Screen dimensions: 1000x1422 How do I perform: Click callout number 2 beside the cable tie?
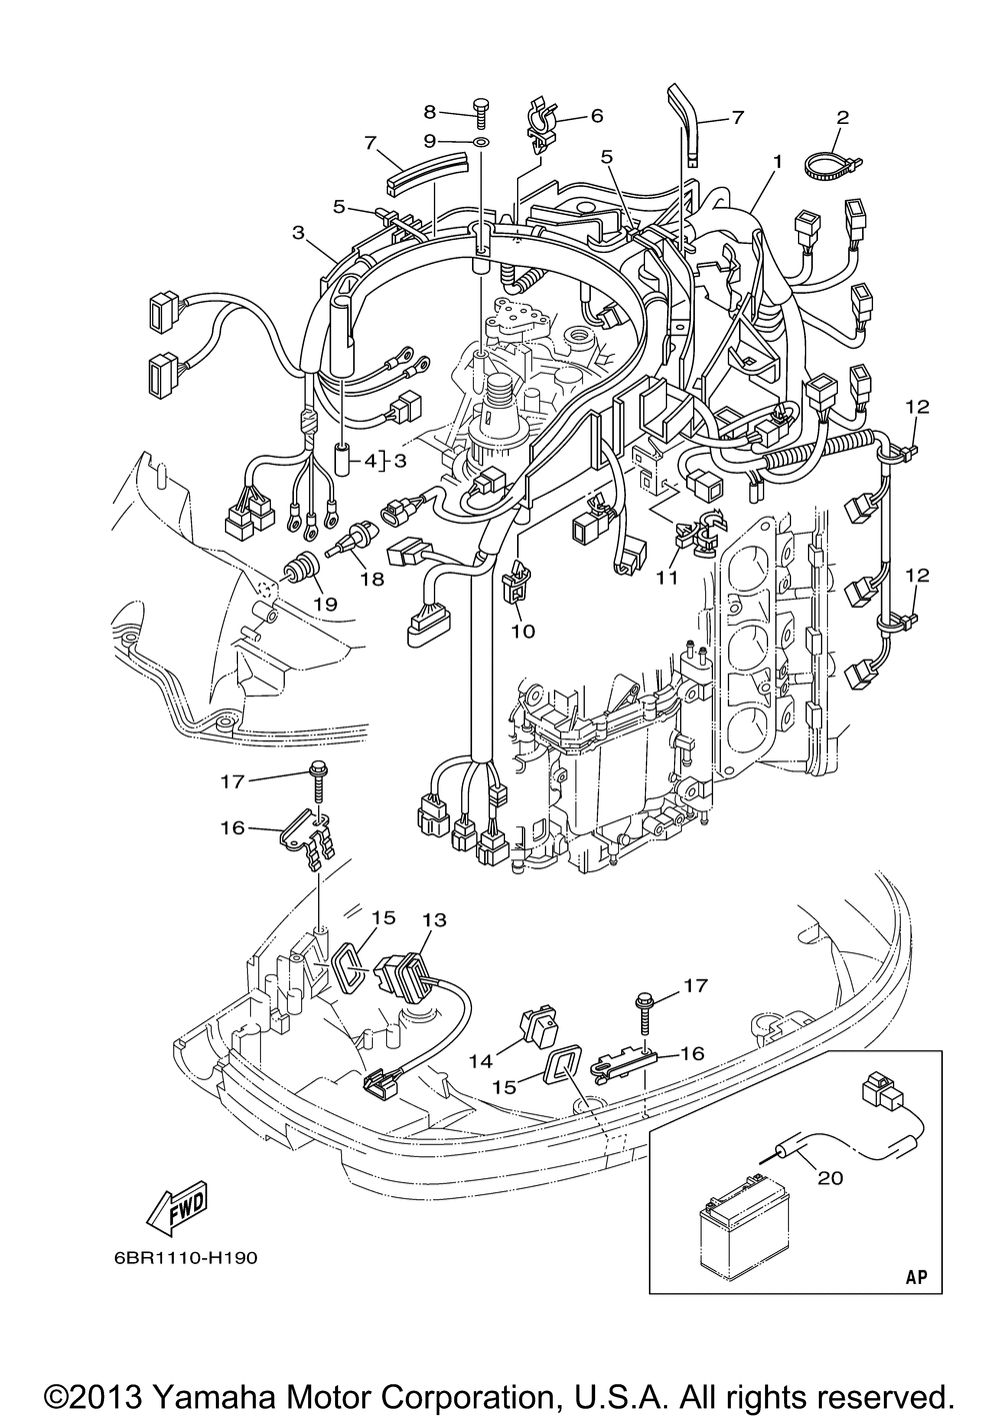tap(842, 117)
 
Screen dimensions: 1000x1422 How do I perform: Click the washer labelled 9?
tap(481, 140)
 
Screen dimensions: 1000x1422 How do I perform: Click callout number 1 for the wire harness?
tap(776, 163)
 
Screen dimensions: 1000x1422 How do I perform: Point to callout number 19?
tap(326, 604)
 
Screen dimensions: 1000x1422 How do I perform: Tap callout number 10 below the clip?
tap(524, 631)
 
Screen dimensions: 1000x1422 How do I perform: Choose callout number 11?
tap(667, 577)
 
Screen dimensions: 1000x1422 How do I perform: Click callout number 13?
tap(435, 919)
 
